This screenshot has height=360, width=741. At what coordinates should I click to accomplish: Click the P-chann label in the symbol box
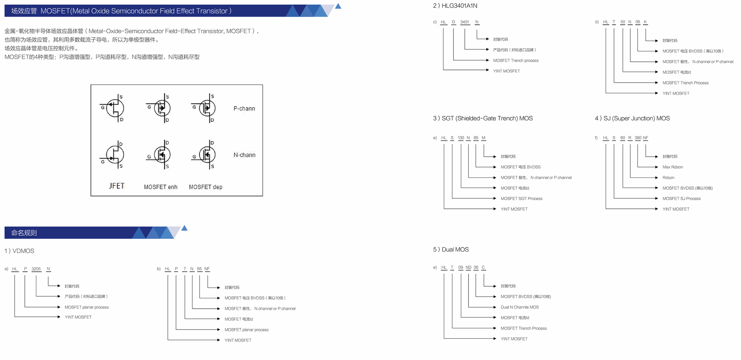pos(244,108)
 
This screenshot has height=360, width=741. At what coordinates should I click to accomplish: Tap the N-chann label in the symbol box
pos(244,155)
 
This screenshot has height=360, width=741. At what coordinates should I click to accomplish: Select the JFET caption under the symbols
pos(117,186)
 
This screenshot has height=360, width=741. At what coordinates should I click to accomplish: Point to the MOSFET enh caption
pos(161,187)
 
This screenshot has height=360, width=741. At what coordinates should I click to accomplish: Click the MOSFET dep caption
pos(205,187)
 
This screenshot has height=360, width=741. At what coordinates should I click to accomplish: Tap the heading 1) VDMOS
pos(19,251)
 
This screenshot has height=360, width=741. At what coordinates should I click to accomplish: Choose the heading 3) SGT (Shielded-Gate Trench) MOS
pos(482,118)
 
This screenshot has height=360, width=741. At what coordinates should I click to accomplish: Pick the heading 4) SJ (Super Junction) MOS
pos(632,118)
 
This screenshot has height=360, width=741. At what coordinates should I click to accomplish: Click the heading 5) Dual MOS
pos(451,250)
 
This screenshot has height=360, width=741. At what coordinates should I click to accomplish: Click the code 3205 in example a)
pos(36,269)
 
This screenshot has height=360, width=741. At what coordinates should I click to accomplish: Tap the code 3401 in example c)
pos(465,22)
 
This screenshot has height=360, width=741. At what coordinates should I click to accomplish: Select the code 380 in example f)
pos(638,138)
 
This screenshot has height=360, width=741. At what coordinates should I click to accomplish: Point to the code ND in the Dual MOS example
pos(468,267)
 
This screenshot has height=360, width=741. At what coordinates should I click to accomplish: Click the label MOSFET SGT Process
pos(521,199)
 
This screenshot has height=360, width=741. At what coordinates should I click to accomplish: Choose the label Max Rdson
pos(673,167)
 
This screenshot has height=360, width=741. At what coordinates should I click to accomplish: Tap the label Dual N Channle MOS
pos(519,307)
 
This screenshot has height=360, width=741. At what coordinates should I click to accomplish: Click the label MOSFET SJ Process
pos(682,199)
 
